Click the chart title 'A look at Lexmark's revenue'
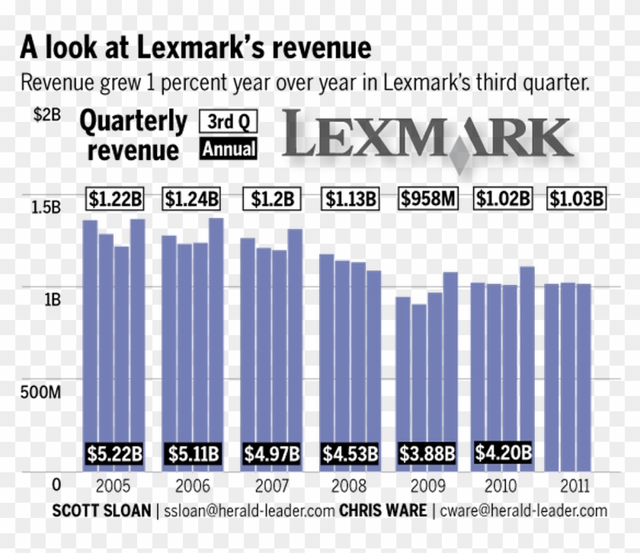pyautogui.click(x=196, y=49)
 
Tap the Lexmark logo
pyautogui.click(x=428, y=139)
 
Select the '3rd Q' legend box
pyautogui.click(x=228, y=122)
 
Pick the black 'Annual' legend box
pyautogui.click(x=228, y=149)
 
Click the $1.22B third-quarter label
pyautogui.click(x=114, y=200)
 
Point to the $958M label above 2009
pyautogui.click(x=428, y=200)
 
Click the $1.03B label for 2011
pyautogui.click(x=577, y=200)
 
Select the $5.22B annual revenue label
pyautogui.click(x=114, y=455)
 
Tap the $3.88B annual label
pyautogui.click(x=428, y=455)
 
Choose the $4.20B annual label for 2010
pyautogui.click(x=503, y=452)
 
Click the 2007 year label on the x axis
pyautogui.click(x=271, y=486)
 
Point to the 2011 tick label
pyautogui.click(x=574, y=486)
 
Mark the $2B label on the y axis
pyautogui.click(x=46, y=115)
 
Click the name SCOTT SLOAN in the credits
pyautogui.click(x=101, y=510)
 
